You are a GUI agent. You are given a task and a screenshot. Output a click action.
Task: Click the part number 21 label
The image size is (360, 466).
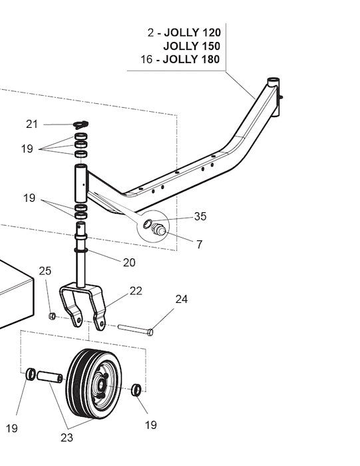tap(32, 124)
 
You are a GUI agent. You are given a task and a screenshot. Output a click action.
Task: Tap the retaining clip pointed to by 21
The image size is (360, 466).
tap(81, 123)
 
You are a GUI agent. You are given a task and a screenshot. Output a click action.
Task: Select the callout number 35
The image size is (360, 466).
tap(200, 216)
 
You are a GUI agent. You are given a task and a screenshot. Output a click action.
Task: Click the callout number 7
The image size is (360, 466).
tap(199, 245)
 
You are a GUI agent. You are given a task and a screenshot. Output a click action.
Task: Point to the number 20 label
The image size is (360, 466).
tap(129, 262)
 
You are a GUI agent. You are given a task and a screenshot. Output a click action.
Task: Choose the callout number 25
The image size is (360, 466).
tap(45, 270)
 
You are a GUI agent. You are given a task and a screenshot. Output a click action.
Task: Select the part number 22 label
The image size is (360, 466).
tap(136, 290)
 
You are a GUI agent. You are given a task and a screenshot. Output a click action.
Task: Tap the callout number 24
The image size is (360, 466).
tap(182, 300)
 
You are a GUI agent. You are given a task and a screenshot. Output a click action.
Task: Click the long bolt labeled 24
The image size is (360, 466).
tap(136, 329)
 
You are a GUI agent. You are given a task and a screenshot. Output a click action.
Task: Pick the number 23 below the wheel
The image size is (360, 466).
tap(67, 437)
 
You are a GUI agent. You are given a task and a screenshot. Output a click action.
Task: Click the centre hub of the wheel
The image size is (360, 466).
tap(102, 384)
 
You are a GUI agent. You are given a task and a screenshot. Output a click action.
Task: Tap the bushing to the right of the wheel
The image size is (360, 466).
tap(135, 389)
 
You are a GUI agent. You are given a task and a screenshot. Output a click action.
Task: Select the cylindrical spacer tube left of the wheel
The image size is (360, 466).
tap(49, 377)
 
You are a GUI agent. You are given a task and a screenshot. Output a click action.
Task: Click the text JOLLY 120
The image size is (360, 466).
tap(192, 33)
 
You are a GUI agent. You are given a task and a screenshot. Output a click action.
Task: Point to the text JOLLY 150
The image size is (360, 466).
tap(192, 46)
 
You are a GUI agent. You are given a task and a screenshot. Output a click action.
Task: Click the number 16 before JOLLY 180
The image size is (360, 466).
tap(147, 59)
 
